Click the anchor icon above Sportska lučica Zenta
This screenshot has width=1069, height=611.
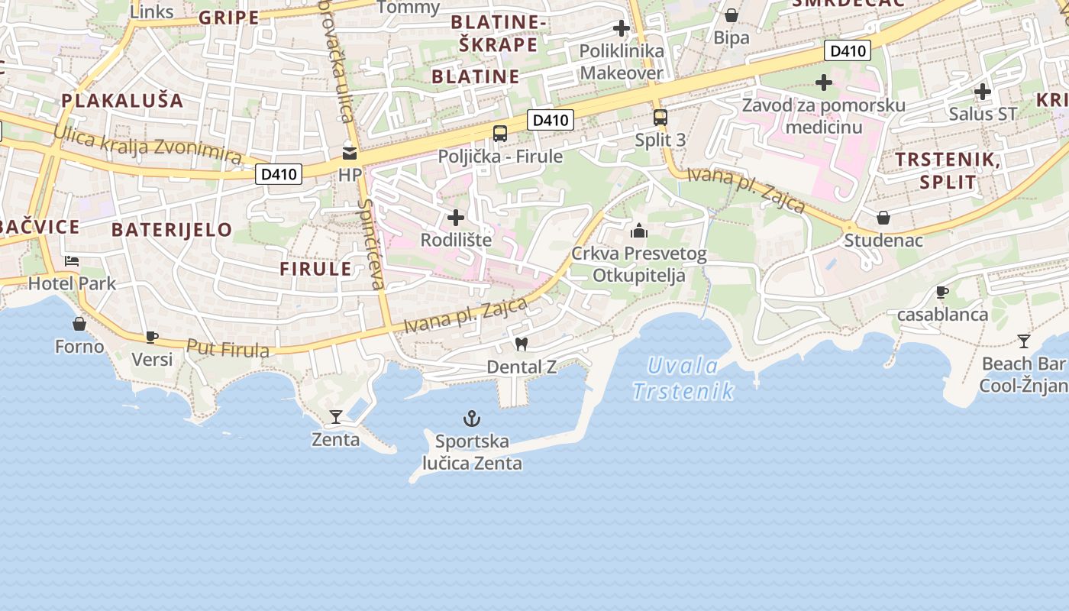[x=472, y=418]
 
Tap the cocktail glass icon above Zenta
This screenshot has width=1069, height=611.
[x=335, y=416]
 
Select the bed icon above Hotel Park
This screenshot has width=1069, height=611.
[x=72, y=261]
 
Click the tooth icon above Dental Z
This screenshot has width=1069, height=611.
[x=522, y=344]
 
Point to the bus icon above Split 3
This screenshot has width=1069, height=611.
[x=660, y=118]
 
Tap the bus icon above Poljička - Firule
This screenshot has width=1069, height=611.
[x=500, y=134]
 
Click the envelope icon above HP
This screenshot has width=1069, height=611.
[x=350, y=153]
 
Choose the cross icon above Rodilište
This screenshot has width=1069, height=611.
[x=456, y=218]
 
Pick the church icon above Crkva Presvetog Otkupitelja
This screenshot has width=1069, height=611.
[x=639, y=231]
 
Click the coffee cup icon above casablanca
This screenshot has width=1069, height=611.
[x=942, y=292]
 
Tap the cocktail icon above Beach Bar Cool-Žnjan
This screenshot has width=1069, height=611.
[x=1023, y=341]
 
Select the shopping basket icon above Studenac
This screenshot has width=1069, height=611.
[x=883, y=218]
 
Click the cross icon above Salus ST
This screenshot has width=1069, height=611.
[x=983, y=92]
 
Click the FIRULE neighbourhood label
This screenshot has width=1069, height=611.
[x=315, y=269]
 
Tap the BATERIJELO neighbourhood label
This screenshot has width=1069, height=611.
[x=171, y=229]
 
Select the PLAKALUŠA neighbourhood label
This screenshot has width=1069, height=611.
[x=122, y=100]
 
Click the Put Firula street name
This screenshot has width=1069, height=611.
[x=228, y=348]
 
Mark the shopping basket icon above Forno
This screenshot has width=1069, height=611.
[x=79, y=324]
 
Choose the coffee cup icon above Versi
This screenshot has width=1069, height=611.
[x=152, y=336]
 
